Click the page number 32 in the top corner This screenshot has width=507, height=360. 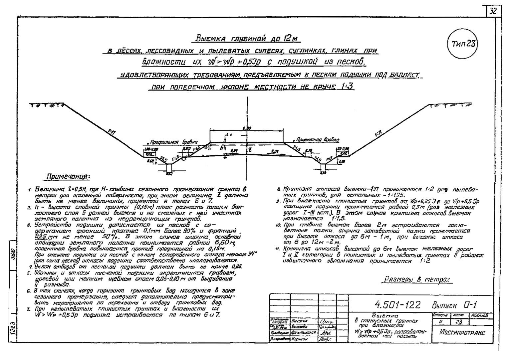(493, 11)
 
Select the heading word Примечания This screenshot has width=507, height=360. (68, 176)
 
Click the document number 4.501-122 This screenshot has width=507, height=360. (397, 304)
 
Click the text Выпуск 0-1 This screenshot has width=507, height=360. (456, 305)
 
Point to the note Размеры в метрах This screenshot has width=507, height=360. (416, 279)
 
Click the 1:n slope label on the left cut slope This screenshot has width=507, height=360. (112, 132)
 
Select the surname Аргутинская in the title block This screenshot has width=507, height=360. (303, 332)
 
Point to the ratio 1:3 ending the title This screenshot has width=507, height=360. (347, 87)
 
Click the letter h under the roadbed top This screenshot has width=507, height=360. (221, 149)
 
